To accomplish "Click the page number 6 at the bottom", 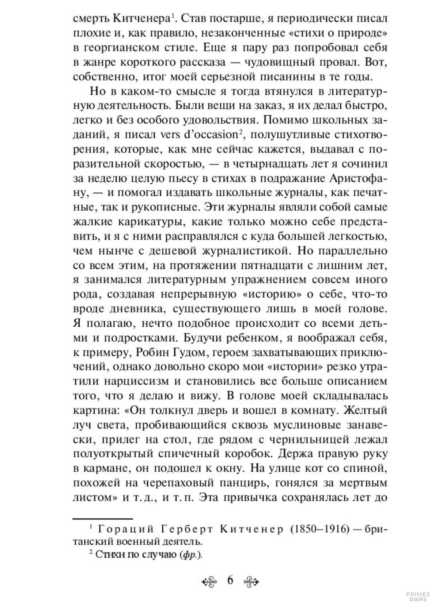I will click(x=230, y=580).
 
